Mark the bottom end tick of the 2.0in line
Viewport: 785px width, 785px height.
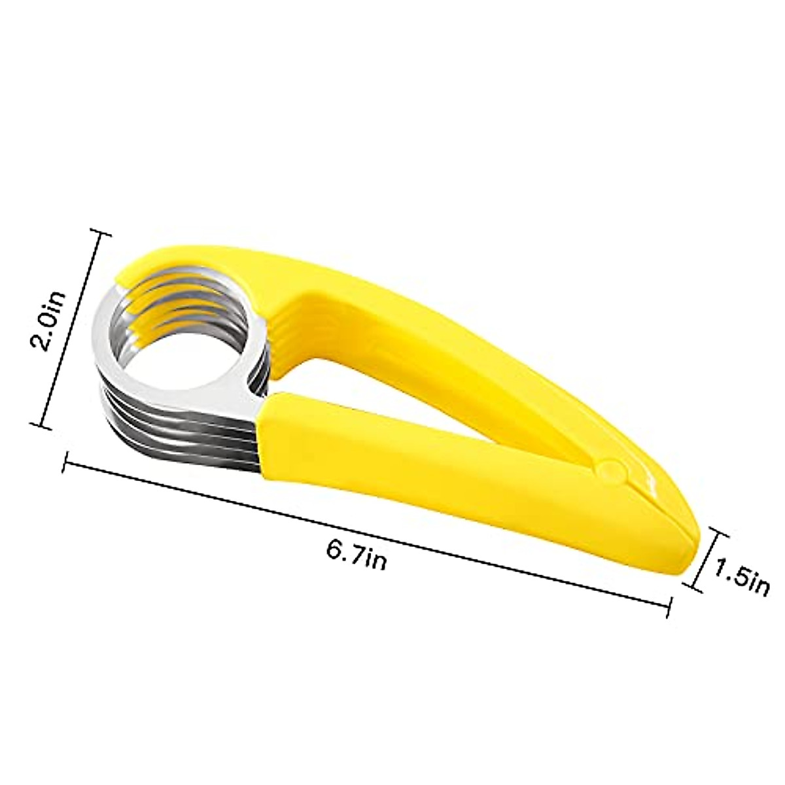(x=43, y=427)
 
